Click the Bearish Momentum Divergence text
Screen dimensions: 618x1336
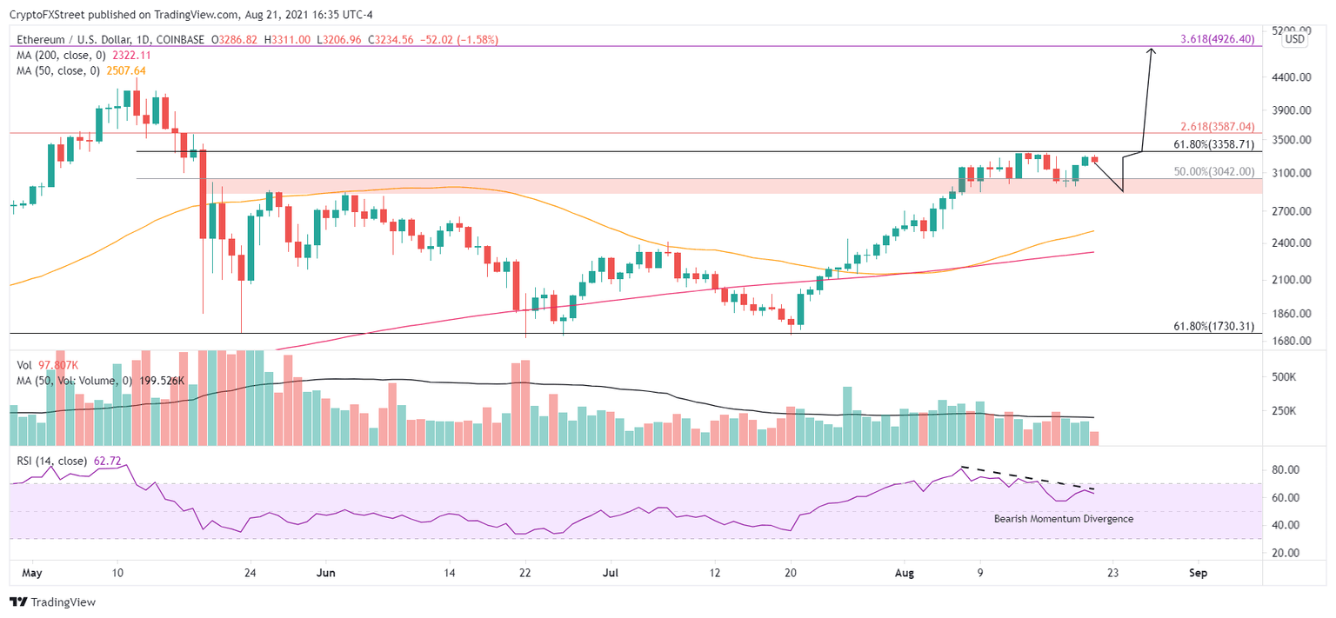1063,519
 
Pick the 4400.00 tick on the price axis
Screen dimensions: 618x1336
1286,77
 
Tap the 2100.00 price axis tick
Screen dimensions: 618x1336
1286,280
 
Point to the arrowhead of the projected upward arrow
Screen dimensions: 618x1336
1152,51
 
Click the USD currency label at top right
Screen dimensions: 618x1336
1295,39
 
